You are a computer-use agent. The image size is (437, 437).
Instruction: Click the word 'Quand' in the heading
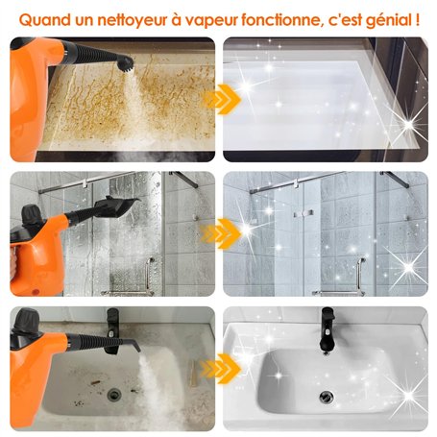click(x=45, y=17)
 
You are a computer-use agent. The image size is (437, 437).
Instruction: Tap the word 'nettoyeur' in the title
click(x=131, y=17)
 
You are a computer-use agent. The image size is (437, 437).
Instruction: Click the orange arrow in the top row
click(x=220, y=98)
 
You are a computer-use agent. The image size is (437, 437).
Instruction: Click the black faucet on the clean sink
click(x=328, y=325)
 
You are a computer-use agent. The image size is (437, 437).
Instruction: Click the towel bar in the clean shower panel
click(x=337, y=289)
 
